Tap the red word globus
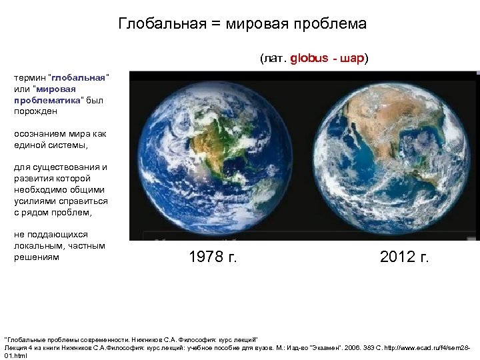pyautogui.click(x=309, y=58)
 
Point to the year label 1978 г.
pyautogui.click(x=213, y=257)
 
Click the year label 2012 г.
pyautogui.click(x=404, y=257)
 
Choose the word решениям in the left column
pyautogui.click(x=37, y=257)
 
